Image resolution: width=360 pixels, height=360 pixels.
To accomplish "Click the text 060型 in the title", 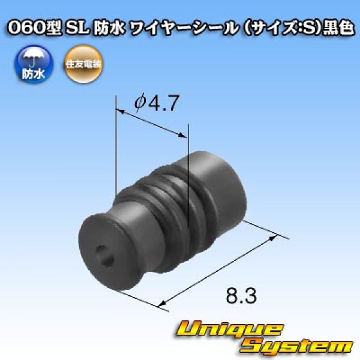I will (x=31, y=29).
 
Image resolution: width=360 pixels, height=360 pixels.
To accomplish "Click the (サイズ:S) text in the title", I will (x=269, y=29).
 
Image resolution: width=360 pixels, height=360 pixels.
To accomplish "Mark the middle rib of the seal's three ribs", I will (x=173, y=204).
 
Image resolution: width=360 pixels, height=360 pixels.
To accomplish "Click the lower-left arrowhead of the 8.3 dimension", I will (x=163, y=304).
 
